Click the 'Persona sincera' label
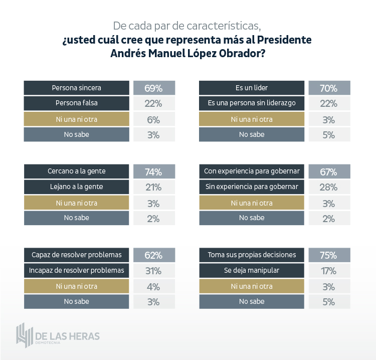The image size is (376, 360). [76, 88]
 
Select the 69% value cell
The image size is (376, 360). [154, 88]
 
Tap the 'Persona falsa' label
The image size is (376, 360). [76, 103]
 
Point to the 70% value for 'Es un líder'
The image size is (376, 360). [329, 88]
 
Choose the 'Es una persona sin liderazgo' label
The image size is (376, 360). [252, 103]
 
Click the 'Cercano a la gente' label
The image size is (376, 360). [76, 171]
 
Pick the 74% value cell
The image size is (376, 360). [154, 171]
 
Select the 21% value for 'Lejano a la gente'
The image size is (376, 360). [154, 187]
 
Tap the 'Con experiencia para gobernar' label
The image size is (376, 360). [252, 171]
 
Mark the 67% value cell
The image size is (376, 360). [329, 171]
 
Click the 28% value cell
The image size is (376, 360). [329, 187]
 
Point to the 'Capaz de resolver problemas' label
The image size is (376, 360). [76, 255]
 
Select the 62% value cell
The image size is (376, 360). [154, 255]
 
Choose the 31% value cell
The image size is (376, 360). [154, 271]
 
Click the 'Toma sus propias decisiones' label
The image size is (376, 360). [252, 255]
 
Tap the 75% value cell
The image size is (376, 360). [329, 255]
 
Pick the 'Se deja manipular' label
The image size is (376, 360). [252, 270]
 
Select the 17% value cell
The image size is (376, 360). [329, 271]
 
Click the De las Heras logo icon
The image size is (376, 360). [23, 335]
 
